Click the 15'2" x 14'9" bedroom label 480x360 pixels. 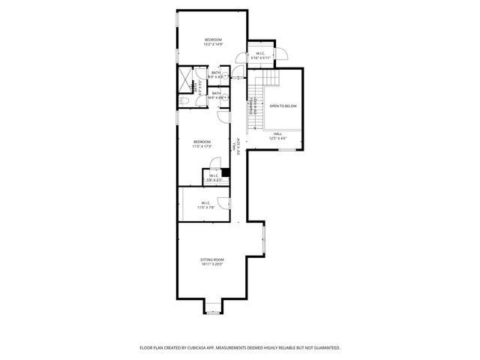click(x=213, y=41)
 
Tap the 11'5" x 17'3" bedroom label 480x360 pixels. click(x=202, y=144)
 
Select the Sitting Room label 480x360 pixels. click(x=212, y=261)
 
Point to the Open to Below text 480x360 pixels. click(x=283, y=106)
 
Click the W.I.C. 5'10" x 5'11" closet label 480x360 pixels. click(x=259, y=55)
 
